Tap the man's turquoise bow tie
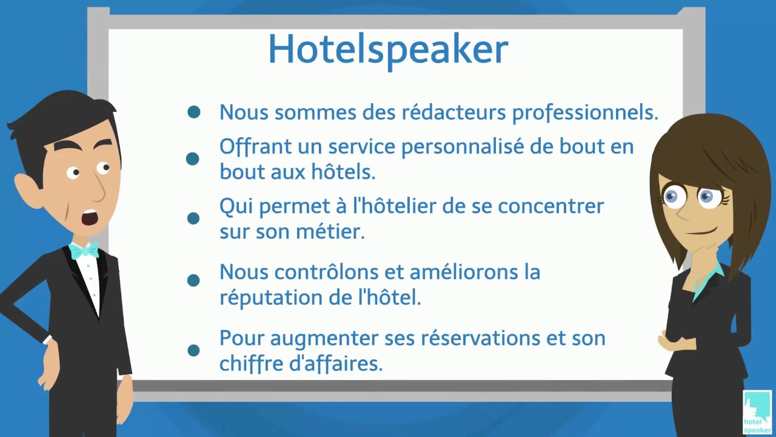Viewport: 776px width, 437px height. (84, 250)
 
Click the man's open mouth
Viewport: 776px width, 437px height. (90, 217)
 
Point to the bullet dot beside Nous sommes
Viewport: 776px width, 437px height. (194, 112)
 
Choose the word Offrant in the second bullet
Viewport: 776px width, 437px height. (250, 147)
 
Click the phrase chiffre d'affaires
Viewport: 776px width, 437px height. (301, 364)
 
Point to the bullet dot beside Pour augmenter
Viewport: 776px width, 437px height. (194, 350)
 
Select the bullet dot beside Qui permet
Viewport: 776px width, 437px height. (193, 218)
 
